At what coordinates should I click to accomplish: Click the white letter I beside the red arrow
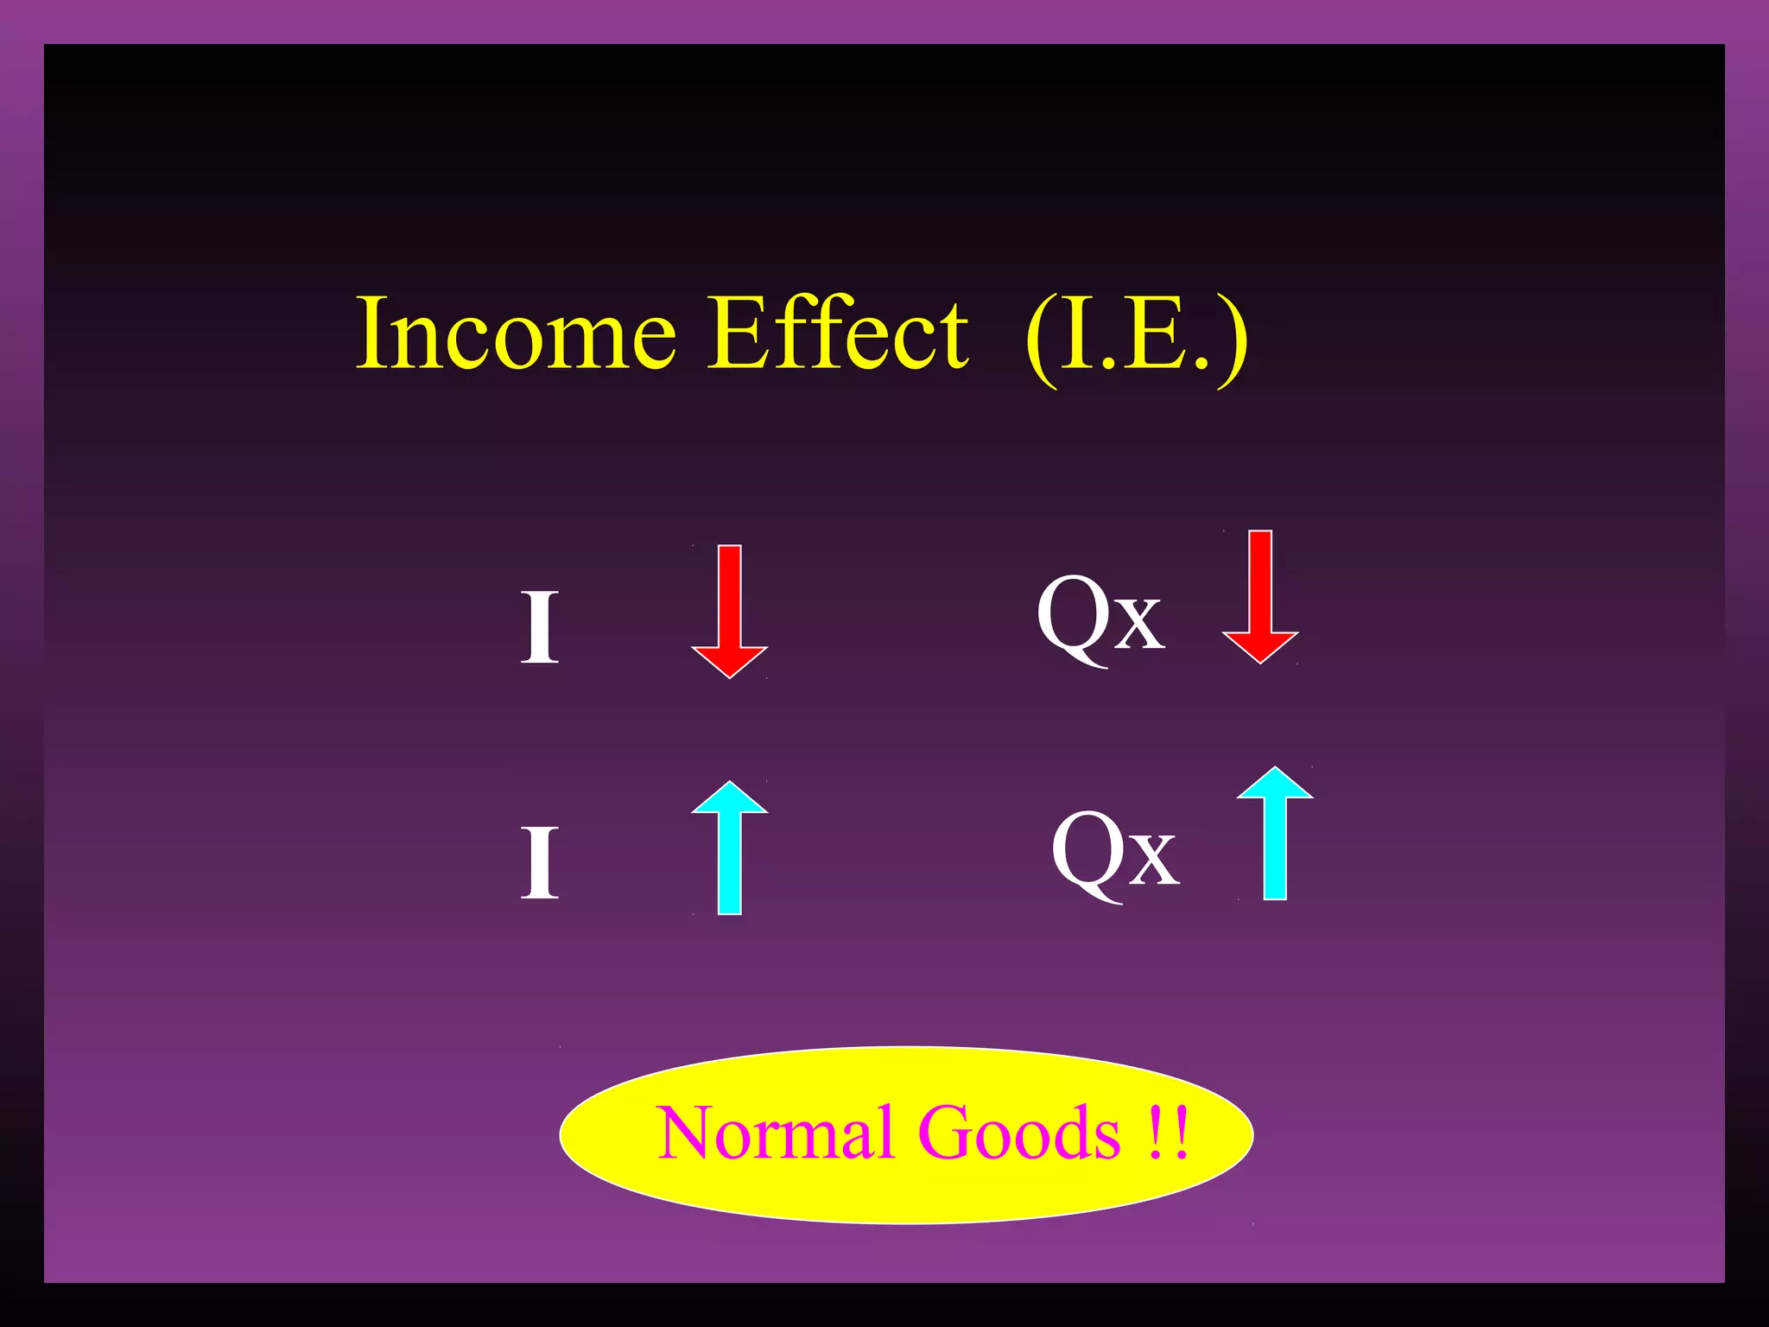tap(540, 628)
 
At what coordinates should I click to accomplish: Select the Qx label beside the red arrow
tap(1100, 617)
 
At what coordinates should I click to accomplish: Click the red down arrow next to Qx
tap(1260, 596)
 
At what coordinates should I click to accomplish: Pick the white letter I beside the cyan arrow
tap(540, 863)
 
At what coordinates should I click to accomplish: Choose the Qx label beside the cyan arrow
tap(1114, 854)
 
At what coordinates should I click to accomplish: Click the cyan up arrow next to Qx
tap(1275, 833)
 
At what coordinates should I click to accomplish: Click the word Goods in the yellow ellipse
tap(1019, 1133)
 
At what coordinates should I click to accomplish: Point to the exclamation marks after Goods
tap(1170, 1133)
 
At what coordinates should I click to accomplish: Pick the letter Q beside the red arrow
tap(1071, 615)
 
